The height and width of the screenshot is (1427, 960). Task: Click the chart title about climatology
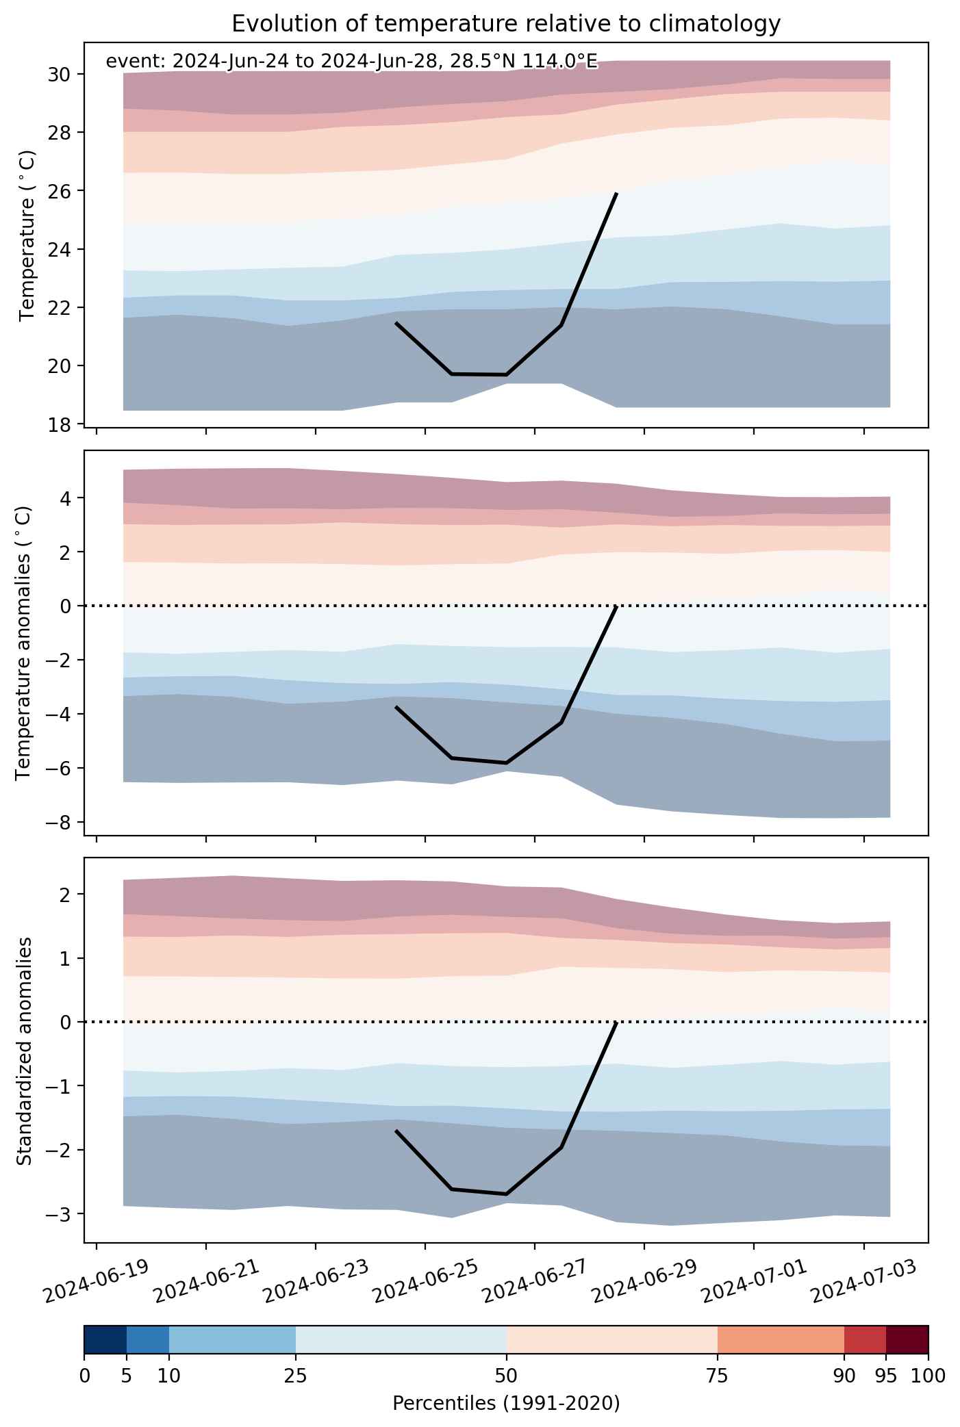[x=506, y=24]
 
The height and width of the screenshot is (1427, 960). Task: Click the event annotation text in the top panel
[x=352, y=62]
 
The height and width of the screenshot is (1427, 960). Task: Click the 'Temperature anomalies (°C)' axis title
[x=23, y=643]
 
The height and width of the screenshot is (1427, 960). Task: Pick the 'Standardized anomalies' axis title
[x=24, y=1051]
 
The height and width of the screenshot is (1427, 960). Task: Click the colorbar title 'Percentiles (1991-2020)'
[x=506, y=1404]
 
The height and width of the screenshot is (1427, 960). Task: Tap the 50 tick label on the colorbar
[x=507, y=1376]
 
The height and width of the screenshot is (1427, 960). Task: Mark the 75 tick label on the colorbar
[x=718, y=1376]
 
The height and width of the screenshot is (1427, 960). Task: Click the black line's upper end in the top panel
[x=617, y=194]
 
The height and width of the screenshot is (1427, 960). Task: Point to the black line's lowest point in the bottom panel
[x=506, y=1194]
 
